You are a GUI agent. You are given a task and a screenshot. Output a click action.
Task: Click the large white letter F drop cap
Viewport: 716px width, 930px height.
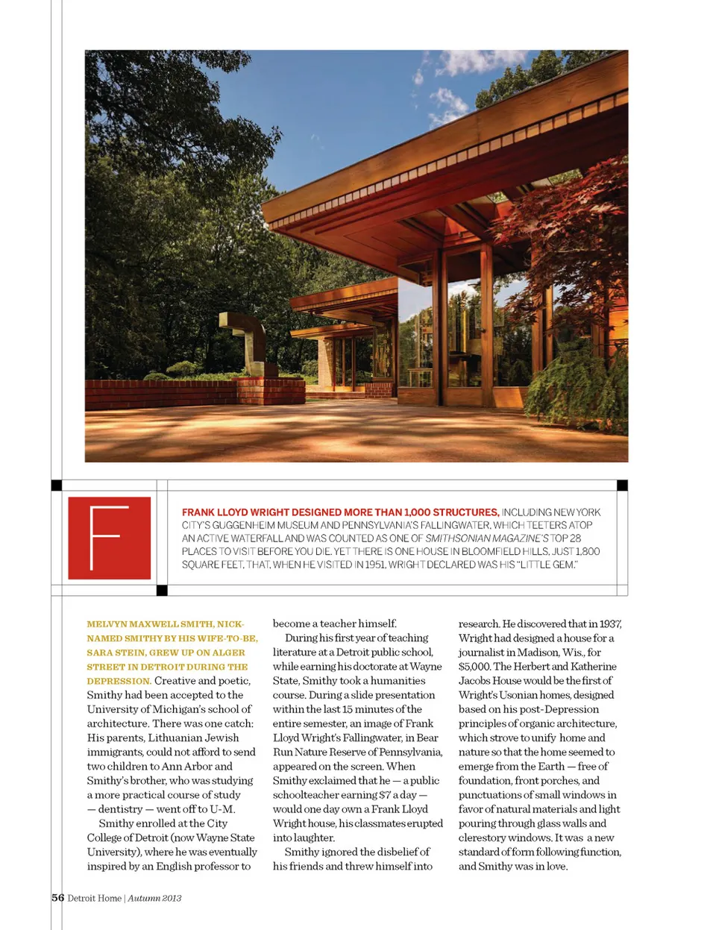click(x=109, y=538)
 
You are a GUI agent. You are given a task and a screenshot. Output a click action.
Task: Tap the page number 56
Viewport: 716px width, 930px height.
click(x=57, y=898)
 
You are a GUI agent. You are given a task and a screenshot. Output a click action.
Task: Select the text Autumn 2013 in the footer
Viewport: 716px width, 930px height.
click(x=154, y=898)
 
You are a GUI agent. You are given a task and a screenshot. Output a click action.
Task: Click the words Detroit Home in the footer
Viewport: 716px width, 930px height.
click(x=94, y=898)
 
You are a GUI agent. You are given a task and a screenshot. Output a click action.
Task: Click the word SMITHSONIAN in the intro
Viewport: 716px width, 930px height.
click(x=458, y=538)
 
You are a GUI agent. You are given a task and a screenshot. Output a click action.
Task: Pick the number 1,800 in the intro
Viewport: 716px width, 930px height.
click(x=587, y=552)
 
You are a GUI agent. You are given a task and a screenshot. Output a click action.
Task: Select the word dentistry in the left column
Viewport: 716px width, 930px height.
click(x=120, y=809)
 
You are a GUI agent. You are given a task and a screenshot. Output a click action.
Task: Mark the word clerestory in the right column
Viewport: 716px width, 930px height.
click(x=485, y=838)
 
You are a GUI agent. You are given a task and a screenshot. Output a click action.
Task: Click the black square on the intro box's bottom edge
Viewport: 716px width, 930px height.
click(x=162, y=590)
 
